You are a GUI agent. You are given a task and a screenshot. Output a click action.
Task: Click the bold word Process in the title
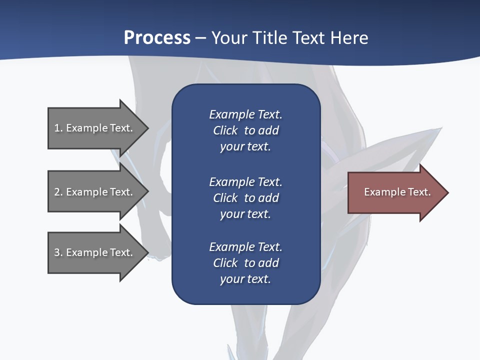click(157, 38)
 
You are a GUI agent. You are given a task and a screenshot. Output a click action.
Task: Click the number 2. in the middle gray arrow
click(58, 192)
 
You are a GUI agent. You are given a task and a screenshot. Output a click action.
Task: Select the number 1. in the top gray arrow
click(58, 128)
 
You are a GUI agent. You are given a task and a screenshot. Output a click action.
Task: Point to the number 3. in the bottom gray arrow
click(58, 252)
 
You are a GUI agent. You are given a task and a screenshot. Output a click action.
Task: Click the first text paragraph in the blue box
click(245, 130)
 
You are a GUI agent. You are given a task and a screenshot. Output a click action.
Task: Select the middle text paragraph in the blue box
click(245, 197)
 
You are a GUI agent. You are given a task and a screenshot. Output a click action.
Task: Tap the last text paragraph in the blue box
click(245, 262)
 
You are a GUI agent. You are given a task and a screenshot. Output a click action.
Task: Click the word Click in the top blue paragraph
click(225, 130)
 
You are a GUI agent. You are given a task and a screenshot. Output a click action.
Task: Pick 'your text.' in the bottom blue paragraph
click(245, 279)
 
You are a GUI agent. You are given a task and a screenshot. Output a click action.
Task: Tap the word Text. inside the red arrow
click(417, 192)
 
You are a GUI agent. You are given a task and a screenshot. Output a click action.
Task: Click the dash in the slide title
click(200, 38)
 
